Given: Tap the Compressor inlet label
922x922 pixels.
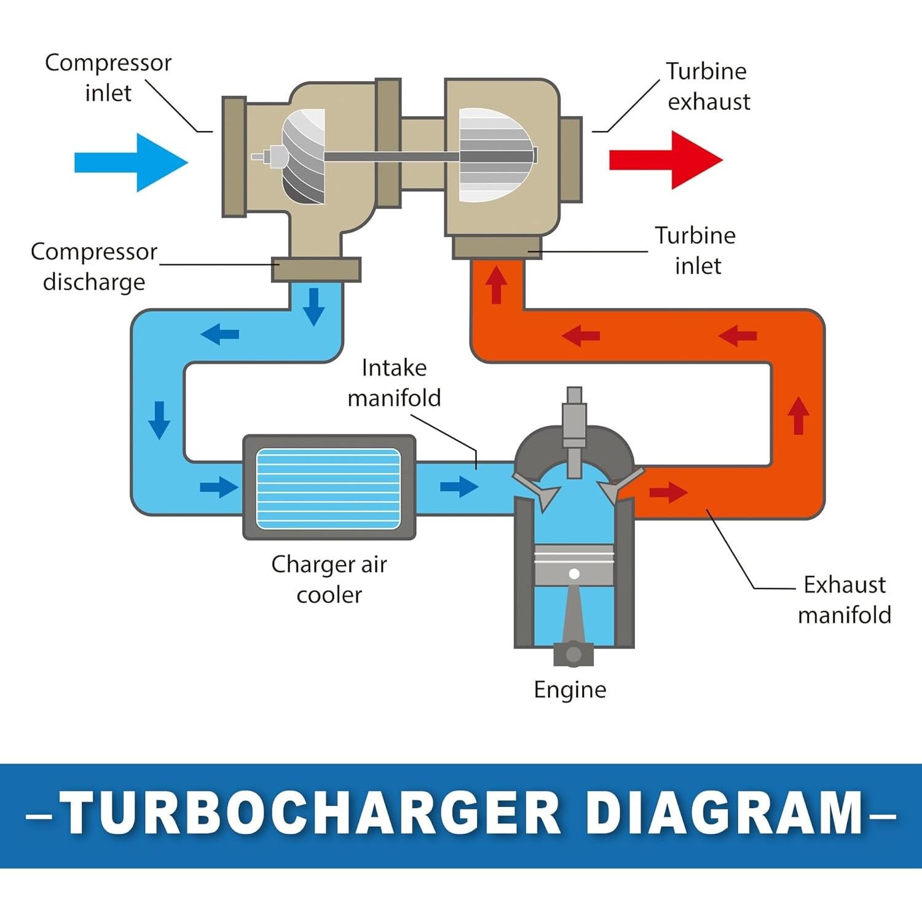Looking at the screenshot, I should (108, 78).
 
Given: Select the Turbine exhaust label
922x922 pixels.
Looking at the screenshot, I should (708, 87).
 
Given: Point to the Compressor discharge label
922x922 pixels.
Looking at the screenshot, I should (94, 267).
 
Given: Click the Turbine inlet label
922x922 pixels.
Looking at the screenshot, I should (696, 251).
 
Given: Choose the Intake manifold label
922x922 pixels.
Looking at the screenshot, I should (394, 382).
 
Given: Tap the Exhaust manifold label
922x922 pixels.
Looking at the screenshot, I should (845, 599).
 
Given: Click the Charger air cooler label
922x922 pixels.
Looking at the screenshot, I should (329, 579).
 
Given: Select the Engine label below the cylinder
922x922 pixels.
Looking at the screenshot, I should (570, 690).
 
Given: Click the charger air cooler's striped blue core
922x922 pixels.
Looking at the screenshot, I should (328, 489).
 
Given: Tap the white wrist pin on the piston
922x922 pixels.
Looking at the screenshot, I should (574, 573).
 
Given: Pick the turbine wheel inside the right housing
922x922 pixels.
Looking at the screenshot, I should (495, 156).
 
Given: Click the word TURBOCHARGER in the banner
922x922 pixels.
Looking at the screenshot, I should (310, 814).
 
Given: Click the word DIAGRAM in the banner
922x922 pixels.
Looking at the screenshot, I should (725, 814).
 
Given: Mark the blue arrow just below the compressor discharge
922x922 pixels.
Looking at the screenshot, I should (314, 306).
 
